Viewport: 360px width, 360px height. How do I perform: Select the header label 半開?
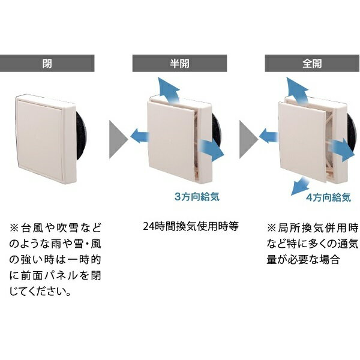coord(180,62)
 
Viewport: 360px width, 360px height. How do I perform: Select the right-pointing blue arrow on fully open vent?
coord(340,146)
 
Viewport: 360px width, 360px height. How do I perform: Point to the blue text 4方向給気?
coord(323,196)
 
